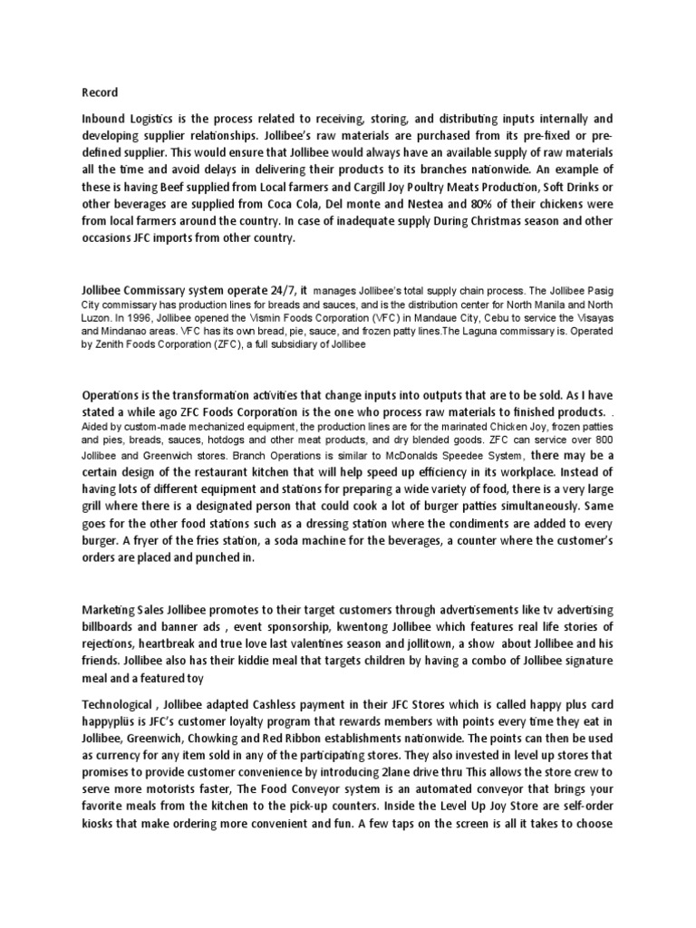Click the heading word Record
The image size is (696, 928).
pyautogui.click(x=100, y=92)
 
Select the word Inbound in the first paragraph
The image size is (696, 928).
pyautogui.click(x=107, y=120)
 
